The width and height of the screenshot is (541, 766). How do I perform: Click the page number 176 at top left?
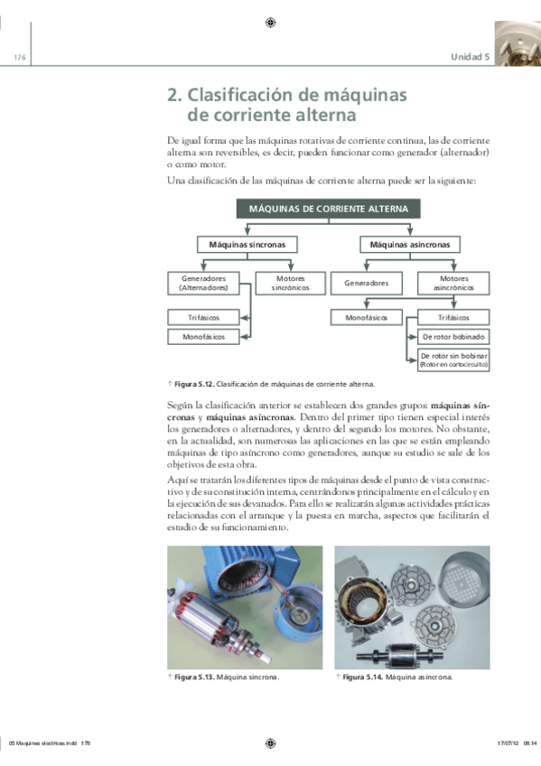coord(18,59)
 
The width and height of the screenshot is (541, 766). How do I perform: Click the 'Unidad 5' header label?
coord(470,58)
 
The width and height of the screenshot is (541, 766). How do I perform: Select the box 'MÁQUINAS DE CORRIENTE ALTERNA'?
coord(328,209)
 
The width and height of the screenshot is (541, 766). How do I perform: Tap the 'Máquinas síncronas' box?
coord(247,245)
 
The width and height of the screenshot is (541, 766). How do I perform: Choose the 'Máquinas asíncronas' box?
coord(409,245)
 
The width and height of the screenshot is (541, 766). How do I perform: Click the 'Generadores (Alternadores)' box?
coord(202,283)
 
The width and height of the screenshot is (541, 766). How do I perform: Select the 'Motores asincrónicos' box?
coord(453,283)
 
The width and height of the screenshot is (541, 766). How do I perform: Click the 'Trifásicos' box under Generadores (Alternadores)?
coord(204,318)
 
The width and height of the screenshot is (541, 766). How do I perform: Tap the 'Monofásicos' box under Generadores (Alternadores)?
coord(204,337)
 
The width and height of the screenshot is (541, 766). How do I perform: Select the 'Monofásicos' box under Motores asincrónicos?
coord(367,318)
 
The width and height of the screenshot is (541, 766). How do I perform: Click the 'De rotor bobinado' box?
coord(453,337)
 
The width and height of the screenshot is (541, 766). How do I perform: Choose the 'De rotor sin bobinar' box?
coord(453,360)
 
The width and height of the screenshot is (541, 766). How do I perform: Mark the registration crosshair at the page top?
coord(271,22)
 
